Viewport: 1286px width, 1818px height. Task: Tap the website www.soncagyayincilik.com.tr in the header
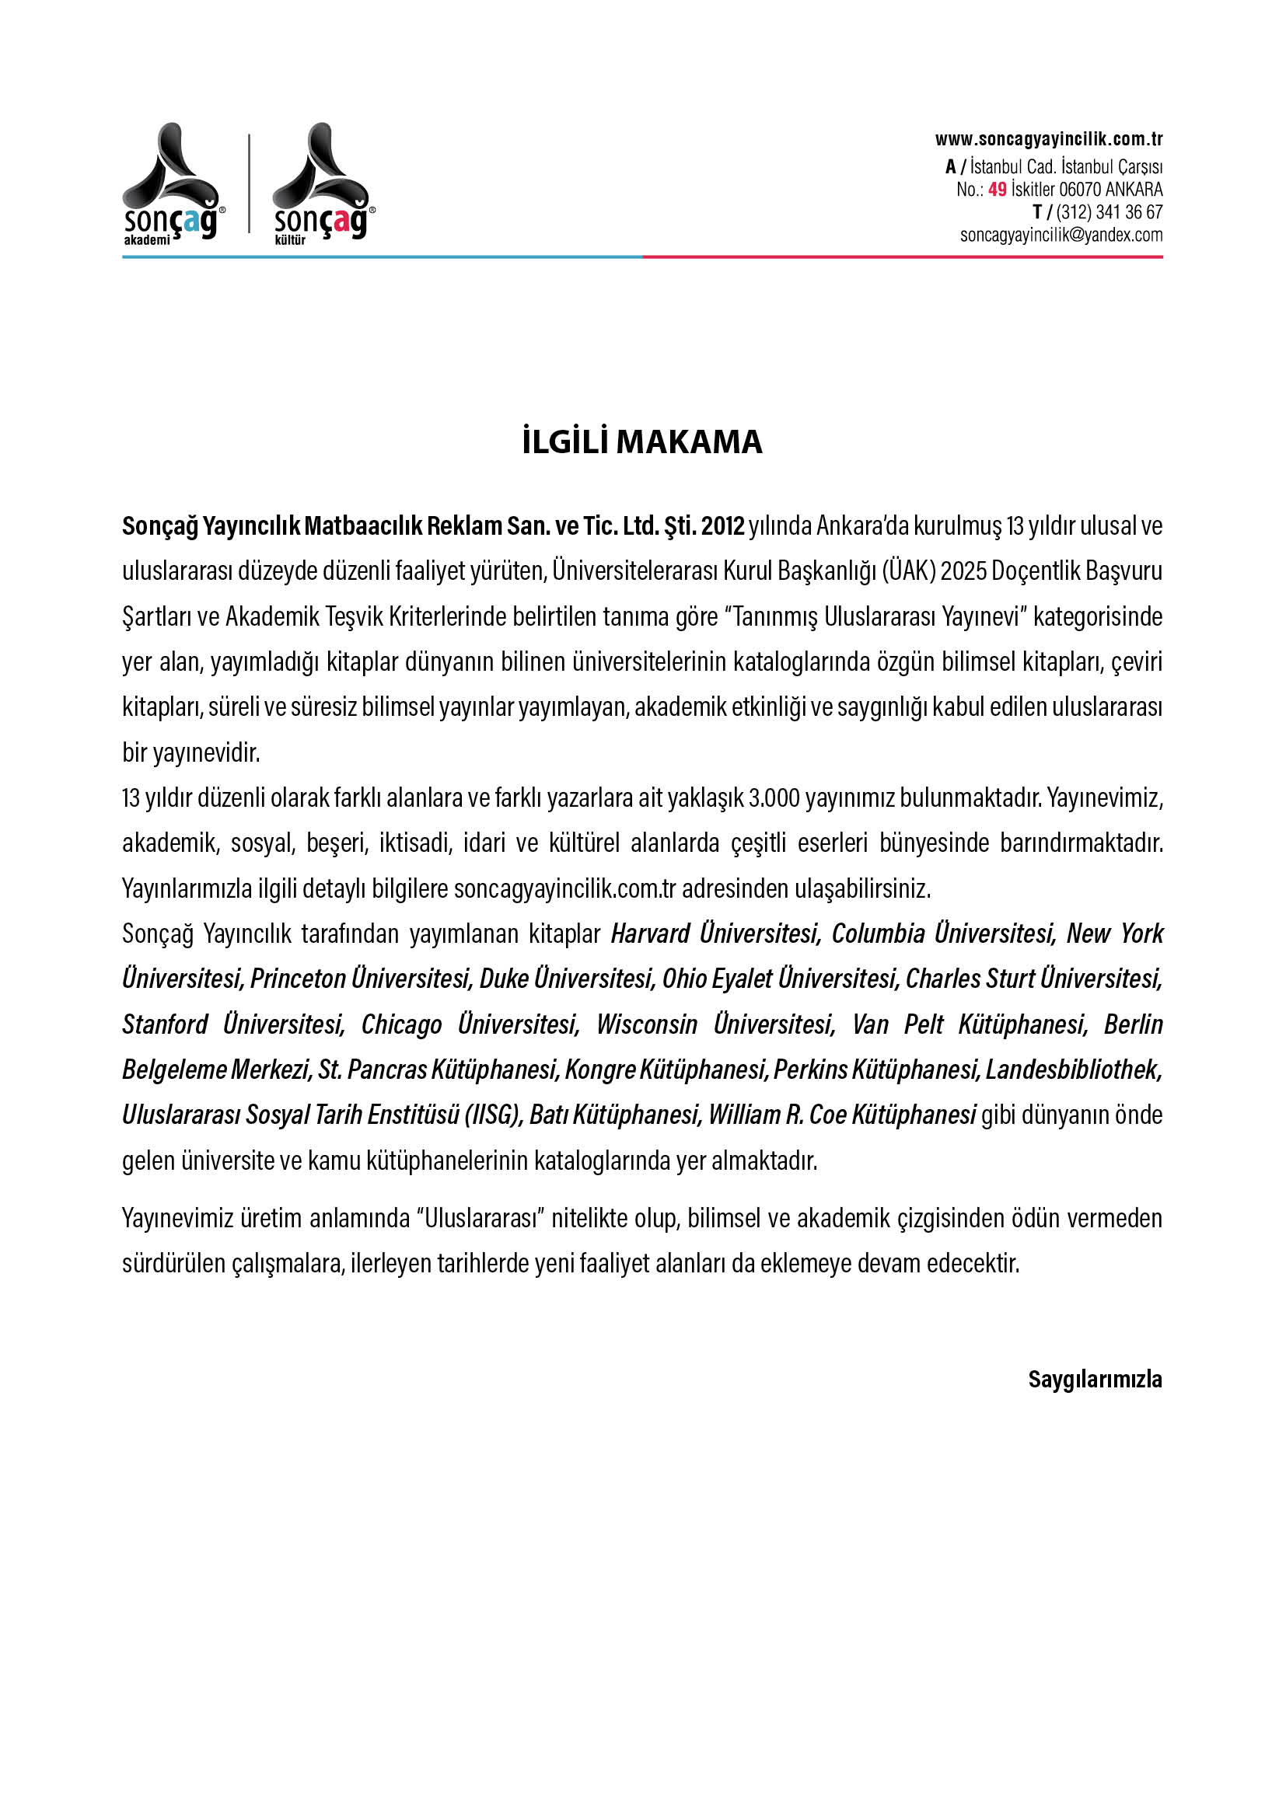pyautogui.click(x=1048, y=140)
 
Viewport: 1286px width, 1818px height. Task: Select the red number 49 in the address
pyautogui.click(x=997, y=190)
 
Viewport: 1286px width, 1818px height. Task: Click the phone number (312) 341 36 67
pyautogui.click(x=1109, y=212)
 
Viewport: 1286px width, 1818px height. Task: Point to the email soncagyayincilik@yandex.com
pyautogui.click(x=1061, y=236)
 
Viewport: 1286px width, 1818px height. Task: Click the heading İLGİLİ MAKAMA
pyautogui.click(x=642, y=441)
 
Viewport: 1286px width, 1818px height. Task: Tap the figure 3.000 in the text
pyautogui.click(x=774, y=798)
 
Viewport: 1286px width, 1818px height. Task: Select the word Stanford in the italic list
pyautogui.click(x=165, y=1024)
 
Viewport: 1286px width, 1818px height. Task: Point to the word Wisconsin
pyautogui.click(x=647, y=1024)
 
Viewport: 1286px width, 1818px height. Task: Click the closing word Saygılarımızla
pyautogui.click(x=1095, y=1380)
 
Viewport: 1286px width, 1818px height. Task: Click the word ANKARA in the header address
pyautogui.click(x=1134, y=190)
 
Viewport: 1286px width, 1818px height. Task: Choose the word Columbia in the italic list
pyautogui.click(x=878, y=934)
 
